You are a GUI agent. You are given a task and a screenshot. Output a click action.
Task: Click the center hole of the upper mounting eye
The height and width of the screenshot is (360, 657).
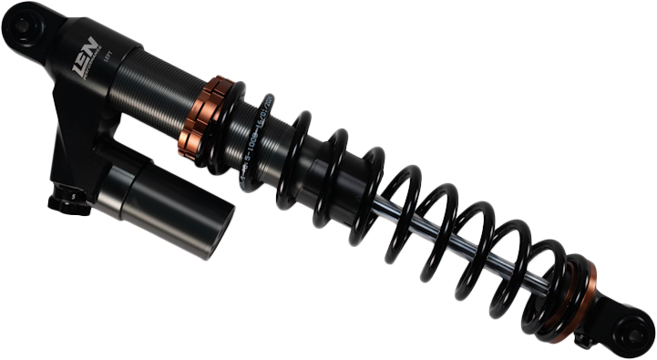click(x=19, y=28)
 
